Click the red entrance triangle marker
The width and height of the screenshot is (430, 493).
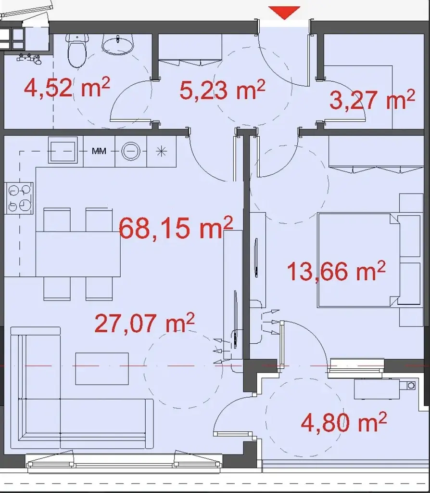click(x=284, y=12)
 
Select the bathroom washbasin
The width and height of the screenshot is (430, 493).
click(x=118, y=44)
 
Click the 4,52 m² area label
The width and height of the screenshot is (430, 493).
click(x=67, y=88)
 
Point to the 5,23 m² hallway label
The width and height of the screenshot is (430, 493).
click(x=222, y=90)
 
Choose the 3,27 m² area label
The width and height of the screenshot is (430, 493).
click(x=372, y=100)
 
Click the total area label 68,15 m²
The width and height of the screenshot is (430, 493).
click(x=176, y=228)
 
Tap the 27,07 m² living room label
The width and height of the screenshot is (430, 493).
click(x=144, y=323)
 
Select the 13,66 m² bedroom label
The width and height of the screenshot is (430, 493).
click(x=336, y=271)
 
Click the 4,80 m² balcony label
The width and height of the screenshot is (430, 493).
click(x=344, y=423)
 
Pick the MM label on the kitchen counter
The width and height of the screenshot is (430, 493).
click(x=99, y=151)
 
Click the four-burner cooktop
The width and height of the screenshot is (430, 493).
click(x=19, y=198)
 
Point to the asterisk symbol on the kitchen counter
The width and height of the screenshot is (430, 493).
click(x=161, y=152)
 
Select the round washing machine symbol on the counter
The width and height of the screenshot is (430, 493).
click(x=131, y=151)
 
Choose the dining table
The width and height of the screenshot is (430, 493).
click(x=78, y=254)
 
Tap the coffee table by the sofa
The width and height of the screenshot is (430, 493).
click(x=102, y=369)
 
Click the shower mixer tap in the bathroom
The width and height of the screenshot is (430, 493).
click(x=29, y=59)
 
